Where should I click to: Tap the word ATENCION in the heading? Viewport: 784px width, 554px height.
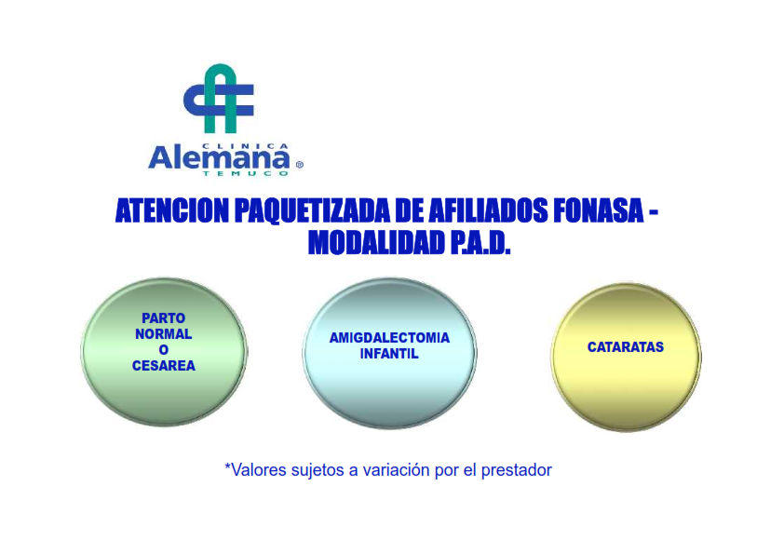coord(172,210)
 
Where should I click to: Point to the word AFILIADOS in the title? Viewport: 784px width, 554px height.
coord(488,210)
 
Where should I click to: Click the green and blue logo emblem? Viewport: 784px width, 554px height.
coord(219,99)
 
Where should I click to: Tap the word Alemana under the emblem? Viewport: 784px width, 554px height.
coord(219,159)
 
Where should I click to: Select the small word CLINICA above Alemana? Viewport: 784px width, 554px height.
coord(245,146)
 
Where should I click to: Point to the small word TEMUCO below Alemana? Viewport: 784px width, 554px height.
coord(245,173)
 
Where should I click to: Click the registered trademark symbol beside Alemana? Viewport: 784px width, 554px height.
coord(300,165)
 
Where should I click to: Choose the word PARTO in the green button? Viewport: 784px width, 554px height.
coord(164,318)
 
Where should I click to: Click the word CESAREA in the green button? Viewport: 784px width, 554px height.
coord(164,366)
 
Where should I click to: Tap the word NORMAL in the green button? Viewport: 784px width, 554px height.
coord(164,334)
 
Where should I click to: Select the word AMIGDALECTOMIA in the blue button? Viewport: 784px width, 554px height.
coord(389,338)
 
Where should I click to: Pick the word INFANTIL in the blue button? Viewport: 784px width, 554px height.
coord(389,354)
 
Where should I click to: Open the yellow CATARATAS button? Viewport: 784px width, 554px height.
coord(626,356)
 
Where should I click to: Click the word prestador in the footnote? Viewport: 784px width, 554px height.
coord(517,470)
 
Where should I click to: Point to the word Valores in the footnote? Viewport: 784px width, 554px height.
coord(255,470)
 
